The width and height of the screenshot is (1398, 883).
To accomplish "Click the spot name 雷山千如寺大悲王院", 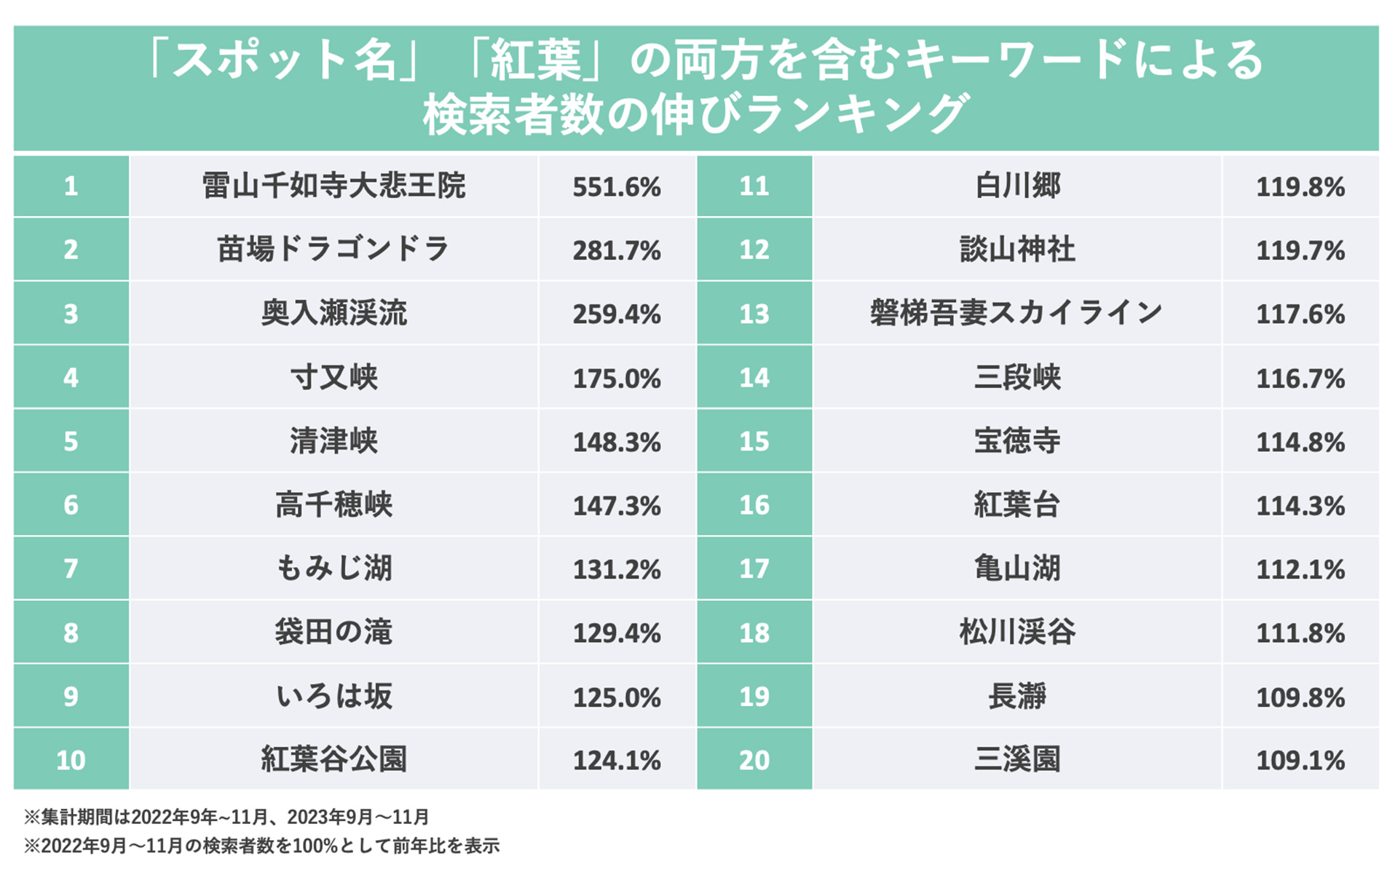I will coord(333,186).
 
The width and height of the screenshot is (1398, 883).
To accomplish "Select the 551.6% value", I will coord(616,188).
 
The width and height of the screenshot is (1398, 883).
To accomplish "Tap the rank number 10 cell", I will coord(71,760).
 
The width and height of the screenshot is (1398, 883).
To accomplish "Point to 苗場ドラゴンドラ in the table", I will coord(333,250).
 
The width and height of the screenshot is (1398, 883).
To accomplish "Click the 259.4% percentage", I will coord(616,314).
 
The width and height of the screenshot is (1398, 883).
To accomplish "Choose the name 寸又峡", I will coord(333,378).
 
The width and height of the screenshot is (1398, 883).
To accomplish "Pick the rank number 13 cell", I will coord(754,314).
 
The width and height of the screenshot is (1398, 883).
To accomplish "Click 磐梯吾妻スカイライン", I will coord(1016,314).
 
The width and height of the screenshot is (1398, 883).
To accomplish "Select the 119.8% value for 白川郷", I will coord(1300,188).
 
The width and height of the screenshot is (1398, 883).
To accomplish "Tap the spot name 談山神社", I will coord(1016,250).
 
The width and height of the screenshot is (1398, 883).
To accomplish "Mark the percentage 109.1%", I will coord(1300,761).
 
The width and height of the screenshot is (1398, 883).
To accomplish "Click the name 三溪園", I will coord(1016,760).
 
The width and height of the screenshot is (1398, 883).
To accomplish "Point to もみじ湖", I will coord(333,569).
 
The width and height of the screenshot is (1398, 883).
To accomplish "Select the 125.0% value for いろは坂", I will coord(616,697).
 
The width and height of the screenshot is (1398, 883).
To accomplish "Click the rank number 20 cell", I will coord(754,760).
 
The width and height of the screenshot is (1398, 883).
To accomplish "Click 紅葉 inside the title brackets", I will coord(535,60).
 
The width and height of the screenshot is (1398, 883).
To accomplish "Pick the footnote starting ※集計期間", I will coord(226,817).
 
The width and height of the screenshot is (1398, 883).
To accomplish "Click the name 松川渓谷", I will coord(1016,632).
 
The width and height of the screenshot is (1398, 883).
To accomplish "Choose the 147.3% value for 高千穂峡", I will coord(616,506).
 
